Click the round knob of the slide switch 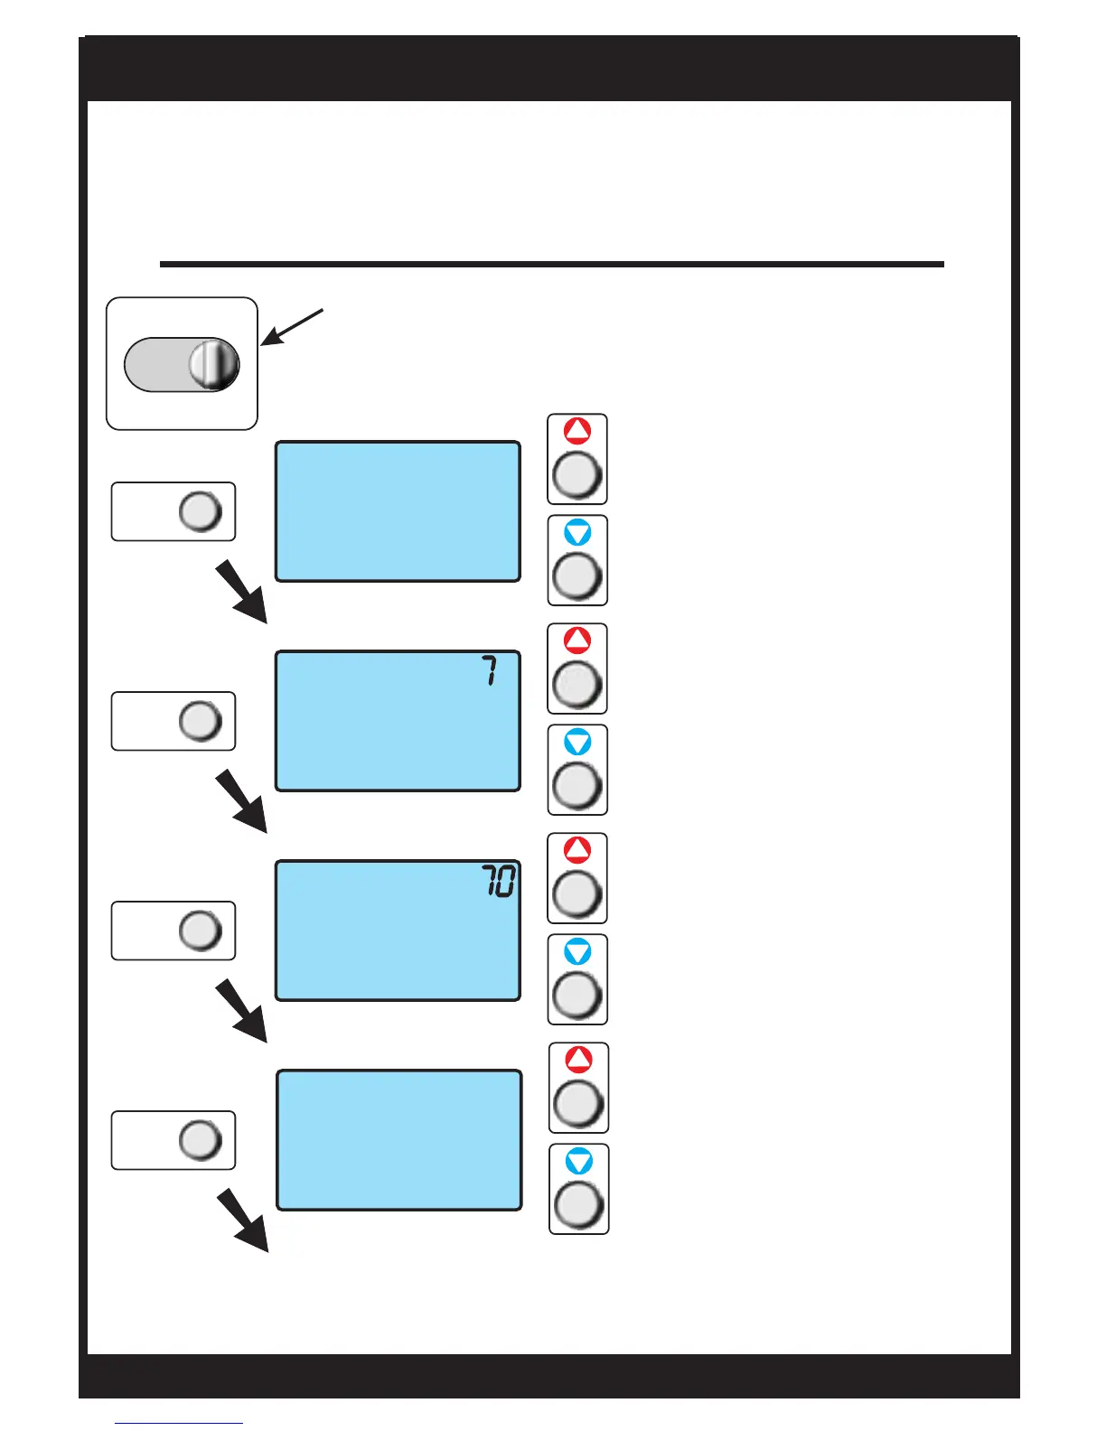[214, 365]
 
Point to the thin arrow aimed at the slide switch [292, 327]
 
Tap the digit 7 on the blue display [489, 671]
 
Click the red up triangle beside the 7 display [577, 641]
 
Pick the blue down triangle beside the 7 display [577, 743]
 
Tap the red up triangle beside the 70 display [577, 850]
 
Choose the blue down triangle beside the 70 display [577, 952]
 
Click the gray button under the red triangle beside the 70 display [577, 894]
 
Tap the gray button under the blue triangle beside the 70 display [577, 996]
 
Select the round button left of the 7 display [201, 721]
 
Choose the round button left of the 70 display [201, 931]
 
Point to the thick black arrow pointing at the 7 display [241, 592]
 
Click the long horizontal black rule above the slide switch [551, 265]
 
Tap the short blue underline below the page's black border [179, 1423]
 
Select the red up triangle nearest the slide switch [577, 431]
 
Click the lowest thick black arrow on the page [243, 1221]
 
